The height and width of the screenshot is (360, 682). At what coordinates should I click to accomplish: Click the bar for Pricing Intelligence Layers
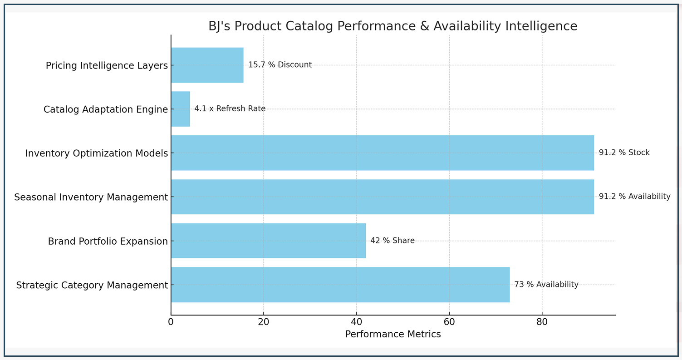[x=207, y=65]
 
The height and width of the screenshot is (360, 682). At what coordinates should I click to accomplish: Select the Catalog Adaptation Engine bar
[x=180, y=109]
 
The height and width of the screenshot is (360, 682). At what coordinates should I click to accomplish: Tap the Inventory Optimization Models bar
[x=382, y=153]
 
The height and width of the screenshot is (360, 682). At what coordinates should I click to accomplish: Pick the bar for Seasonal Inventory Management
[x=382, y=197]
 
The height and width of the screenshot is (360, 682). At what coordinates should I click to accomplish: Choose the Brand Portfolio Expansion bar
[x=268, y=241]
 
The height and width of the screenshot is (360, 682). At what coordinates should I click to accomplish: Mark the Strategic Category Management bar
[x=340, y=285]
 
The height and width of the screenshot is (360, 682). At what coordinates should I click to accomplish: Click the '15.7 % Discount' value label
[x=280, y=65]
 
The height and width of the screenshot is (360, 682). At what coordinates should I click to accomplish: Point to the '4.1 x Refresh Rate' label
[x=230, y=109]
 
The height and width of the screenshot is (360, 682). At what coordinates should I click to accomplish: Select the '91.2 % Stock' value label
[x=624, y=153]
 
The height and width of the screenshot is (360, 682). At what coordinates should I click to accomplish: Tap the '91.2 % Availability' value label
[x=634, y=197]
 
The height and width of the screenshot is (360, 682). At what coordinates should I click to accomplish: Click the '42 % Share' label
[x=392, y=241]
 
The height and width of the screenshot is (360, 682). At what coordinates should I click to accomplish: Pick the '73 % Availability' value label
[x=546, y=285]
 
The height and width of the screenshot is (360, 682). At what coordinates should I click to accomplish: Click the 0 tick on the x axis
[x=171, y=322]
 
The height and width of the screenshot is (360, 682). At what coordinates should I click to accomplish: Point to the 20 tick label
[x=264, y=322]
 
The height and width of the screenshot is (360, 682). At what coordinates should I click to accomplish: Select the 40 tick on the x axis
[x=356, y=322]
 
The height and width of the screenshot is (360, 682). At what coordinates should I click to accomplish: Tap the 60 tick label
[x=449, y=322]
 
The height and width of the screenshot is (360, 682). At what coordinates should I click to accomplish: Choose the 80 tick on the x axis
[x=542, y=322]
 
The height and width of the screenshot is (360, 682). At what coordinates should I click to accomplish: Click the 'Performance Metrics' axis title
[x=393, y=335]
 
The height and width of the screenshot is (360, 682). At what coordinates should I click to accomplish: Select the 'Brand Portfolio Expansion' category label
[x=108, y=241]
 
